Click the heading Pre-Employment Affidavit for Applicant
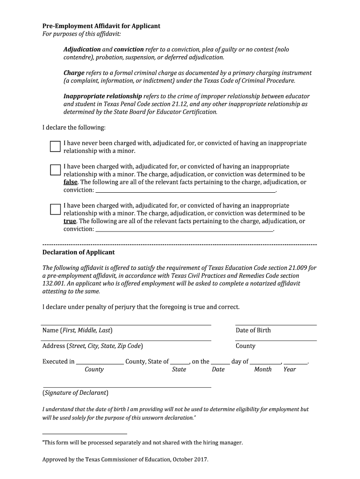(101, 26)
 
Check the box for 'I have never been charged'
(55, 146)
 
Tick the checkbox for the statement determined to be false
(55, 170)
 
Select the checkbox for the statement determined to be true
(55, 209)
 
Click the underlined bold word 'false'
(71, 182)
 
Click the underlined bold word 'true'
(70, 221)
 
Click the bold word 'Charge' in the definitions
(74, 73)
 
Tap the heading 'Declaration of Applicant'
(79, 252)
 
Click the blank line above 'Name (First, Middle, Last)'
(126, 324)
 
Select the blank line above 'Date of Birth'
(275, 324)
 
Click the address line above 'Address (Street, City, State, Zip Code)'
(126, 340)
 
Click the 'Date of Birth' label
(253, 330)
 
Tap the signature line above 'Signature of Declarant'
(126, 387)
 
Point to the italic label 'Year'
(289, 370)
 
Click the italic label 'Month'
(263, 370)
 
